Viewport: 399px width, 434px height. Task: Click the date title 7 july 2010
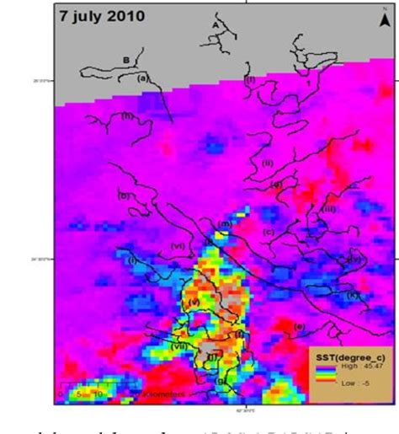pos(101,16)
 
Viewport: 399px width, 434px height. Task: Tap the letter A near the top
pos(215,27)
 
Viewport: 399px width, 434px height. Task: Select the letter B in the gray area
pos(126,60)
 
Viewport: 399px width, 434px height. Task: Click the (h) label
pos(128,116)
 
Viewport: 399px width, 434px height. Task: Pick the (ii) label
pos(268,163)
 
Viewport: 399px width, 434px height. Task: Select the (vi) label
pos(178,245)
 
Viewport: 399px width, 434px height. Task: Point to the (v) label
pos(194,301)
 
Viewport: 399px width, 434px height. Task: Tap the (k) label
pos(353,295)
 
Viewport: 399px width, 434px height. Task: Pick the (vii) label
pos(179,346)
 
